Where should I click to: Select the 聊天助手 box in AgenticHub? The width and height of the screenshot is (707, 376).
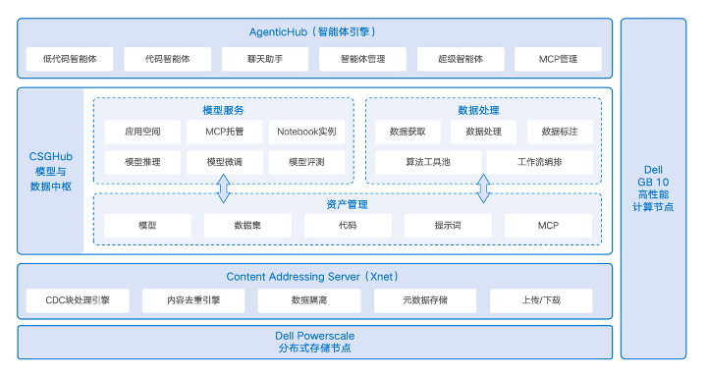pos(264,58)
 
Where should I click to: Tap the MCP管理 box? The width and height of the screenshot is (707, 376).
pos(559,58)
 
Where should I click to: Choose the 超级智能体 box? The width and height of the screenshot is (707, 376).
pos(461,58)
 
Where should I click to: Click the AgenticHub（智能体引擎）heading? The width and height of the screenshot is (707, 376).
pos(313,31)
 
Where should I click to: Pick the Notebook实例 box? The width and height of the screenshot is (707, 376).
pos(306,131)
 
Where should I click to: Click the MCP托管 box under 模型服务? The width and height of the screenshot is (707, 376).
pos(224,131)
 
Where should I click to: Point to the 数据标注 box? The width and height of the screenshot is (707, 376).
pos(560,131)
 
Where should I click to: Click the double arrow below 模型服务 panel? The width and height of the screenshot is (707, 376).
pos(224,188)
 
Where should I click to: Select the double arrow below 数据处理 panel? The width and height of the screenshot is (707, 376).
pos(483,188)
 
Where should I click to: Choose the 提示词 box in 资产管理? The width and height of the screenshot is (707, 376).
pos(448,226)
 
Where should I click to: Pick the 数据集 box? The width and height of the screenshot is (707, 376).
pos(247,226)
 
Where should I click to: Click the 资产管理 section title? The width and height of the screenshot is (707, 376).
pos(347,204)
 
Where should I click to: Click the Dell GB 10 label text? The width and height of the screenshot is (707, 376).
pos(654,183)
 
